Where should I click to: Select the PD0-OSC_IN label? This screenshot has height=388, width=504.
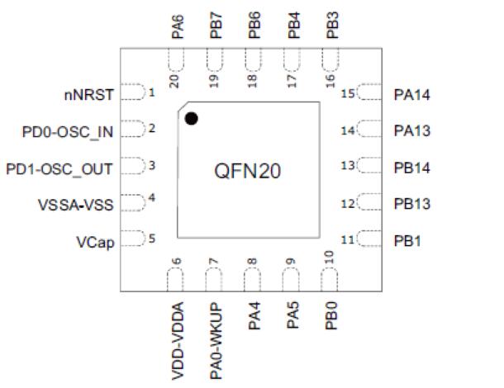(x=68, y=130)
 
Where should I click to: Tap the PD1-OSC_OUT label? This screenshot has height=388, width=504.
(x=59, y=168)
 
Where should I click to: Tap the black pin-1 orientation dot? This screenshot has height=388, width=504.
(x=191, y=119)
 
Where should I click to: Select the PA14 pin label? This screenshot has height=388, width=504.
(x=413, y=94)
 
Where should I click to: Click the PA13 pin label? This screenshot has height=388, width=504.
(x=413, y=130)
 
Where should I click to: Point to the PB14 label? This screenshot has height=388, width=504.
(x=413, y=168)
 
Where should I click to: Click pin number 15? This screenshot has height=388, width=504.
(x=348, y=94)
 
